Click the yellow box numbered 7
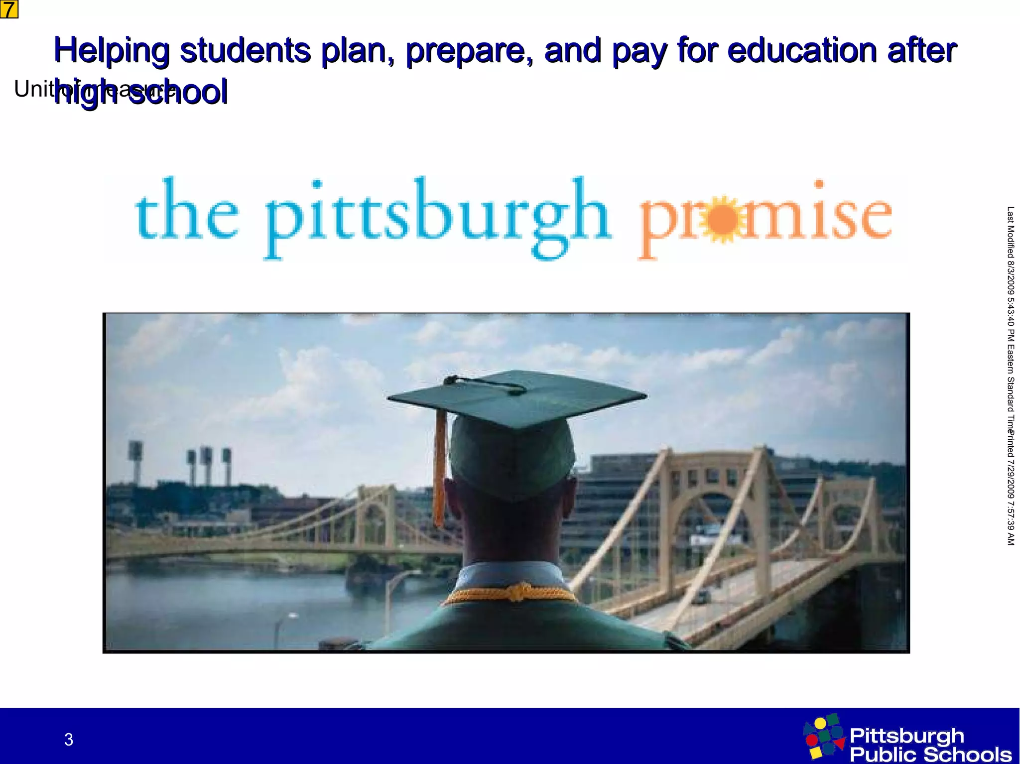9,9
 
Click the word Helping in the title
112,51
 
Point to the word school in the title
178,93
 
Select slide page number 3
69,740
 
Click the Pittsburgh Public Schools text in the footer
929,745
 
